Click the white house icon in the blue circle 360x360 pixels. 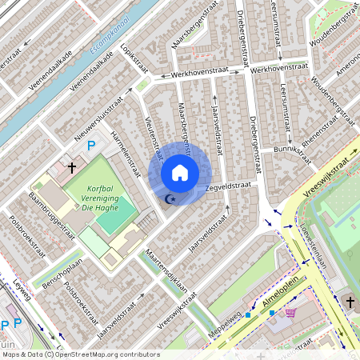[x=180, y=173]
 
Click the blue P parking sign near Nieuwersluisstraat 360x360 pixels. [x=91, y=146]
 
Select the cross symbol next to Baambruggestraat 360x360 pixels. [x=72, y=168]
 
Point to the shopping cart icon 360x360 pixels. [x=290, y=312]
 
